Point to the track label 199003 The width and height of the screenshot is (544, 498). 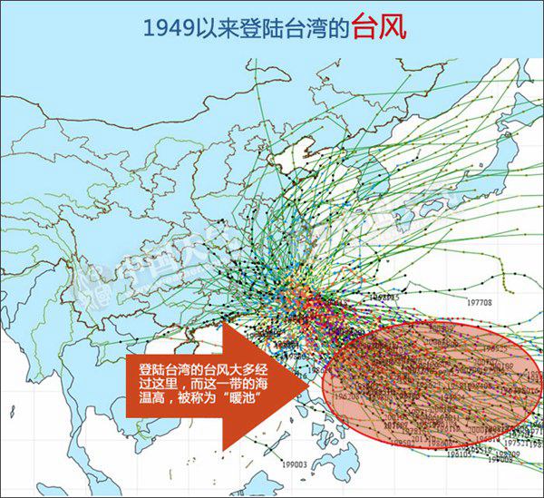tap(296, 464)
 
